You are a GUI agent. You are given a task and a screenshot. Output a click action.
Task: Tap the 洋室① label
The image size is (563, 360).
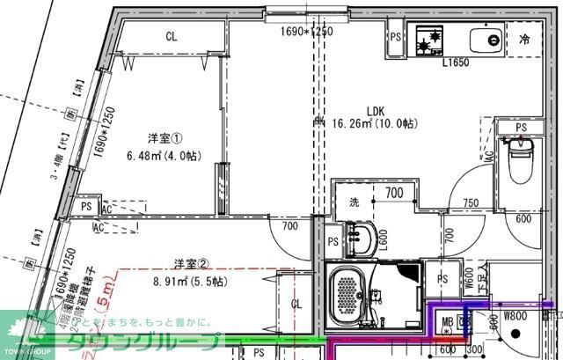pyautogui.click(x=165, y=138)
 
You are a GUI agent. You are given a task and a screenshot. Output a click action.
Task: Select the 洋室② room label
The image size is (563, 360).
pyautogui.click(x=190, y=263)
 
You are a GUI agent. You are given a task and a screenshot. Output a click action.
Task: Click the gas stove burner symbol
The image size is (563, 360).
pyautogui.click(x=429, y=39)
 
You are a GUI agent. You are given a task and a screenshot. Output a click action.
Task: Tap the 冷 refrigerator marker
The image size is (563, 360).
pyautogui.click(x=524, y=40)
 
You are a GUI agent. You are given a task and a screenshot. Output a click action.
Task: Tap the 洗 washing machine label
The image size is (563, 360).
pyautogui.click(x=355, y=202)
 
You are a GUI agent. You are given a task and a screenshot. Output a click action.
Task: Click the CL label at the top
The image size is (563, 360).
pyautogui.click(x=172, y=36)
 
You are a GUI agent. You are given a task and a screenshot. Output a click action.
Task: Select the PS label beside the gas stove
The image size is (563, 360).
pyautogui.click(x=396, y=37)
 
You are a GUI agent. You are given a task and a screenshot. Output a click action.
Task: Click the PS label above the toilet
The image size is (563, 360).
pyautogui.click(x=521, y=128)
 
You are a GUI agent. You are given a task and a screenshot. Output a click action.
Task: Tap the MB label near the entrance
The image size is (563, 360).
pyautogui.click(x=447, y=321)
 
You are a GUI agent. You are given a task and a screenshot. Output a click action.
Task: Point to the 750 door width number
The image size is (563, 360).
pyautogui.click(x=472, y=203)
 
